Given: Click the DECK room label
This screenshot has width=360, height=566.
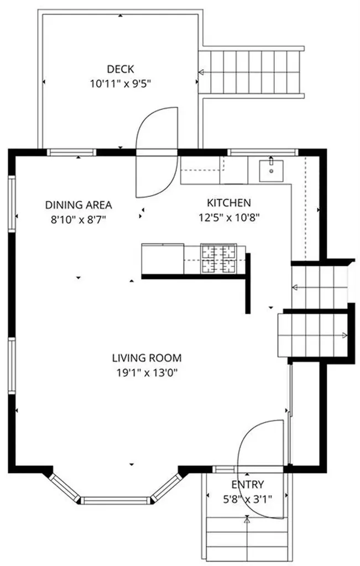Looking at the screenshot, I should (x=120, y=69).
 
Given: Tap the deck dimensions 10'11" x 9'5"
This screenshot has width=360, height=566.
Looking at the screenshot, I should (x=120, y=84).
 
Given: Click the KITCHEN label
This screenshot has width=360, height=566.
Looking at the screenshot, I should (x=229, y=203).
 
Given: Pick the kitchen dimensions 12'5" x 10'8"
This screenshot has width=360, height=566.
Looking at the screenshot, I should (x=229, y=217).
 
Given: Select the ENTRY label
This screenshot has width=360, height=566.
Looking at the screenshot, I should (x=247, y=485).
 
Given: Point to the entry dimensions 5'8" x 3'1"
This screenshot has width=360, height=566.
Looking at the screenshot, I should (x=247, y=499).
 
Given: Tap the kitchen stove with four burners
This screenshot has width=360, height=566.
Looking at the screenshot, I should (x=218, y=259).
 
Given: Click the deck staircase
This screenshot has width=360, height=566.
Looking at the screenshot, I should (x=252, y=72).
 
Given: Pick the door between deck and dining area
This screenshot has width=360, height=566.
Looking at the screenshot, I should (x=158, y=152).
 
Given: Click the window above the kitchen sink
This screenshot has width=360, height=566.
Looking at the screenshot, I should (x=263, y=151).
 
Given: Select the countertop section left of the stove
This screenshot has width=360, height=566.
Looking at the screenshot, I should (x=163, y=259).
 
